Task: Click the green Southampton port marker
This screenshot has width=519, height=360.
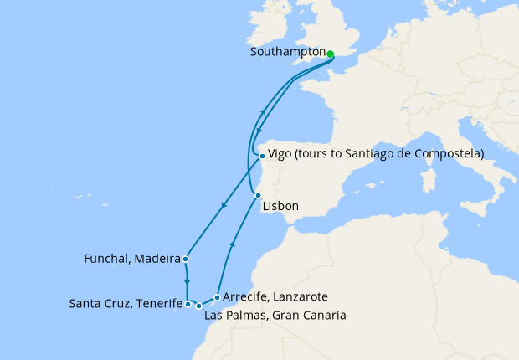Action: coord(330,54)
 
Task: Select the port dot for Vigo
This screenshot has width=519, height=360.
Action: coord(262,156)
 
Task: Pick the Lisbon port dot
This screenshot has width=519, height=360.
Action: coord(258,196)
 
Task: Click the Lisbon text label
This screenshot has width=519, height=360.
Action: coord(280,206)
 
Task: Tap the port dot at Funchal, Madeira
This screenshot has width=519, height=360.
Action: coord(185,259)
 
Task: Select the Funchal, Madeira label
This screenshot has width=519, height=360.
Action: coord(133,258)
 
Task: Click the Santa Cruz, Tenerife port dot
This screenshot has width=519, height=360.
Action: coord(188,305)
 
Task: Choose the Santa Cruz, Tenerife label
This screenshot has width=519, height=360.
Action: coord(126,303)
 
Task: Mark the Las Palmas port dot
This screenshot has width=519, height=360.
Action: coord(198,306)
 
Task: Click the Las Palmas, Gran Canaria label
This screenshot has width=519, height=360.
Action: coord(275,315)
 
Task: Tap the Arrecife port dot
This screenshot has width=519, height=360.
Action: coord(217,297)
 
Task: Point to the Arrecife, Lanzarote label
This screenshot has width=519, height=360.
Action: coord(275,296)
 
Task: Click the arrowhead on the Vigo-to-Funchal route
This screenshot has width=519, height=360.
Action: coord(223,207)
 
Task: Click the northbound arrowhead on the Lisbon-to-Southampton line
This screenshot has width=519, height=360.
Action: coord(264,112)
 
